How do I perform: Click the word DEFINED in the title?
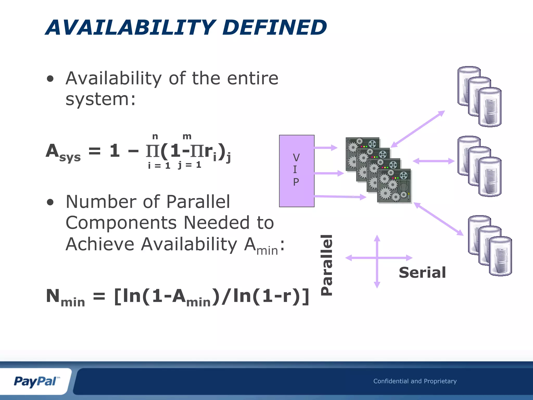pos(275,27)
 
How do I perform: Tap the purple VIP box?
pos(296,171)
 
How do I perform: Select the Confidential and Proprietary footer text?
pos(415,381)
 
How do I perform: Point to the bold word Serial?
pos(422,273)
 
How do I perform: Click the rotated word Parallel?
pos(327,265)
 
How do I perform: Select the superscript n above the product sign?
pos(155,136)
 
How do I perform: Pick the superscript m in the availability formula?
pos(187,136)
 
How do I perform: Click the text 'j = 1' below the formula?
pos(189,165)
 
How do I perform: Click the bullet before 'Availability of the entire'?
pos(50,79)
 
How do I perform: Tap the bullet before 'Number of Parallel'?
pos(50,202)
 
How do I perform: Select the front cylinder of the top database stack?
pos(490,107)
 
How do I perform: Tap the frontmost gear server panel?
pos(394,186)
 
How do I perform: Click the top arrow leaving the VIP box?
pos(325,148)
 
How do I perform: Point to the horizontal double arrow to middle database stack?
pos(434,161)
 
